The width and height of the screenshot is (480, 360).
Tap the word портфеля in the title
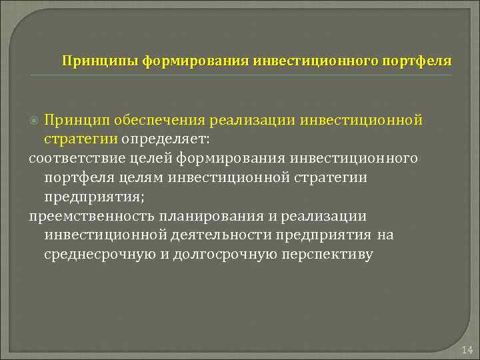(417, 61)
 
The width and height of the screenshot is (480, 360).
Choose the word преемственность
(88, 217)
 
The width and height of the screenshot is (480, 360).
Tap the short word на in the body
(385, 235)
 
